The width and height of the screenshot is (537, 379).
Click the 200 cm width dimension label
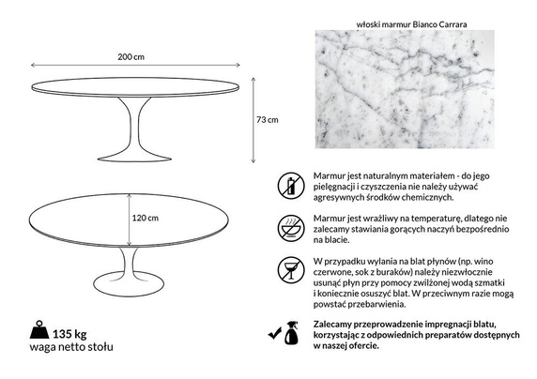131,57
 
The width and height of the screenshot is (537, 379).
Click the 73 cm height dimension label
268,120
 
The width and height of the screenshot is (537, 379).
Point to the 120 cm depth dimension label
145,218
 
